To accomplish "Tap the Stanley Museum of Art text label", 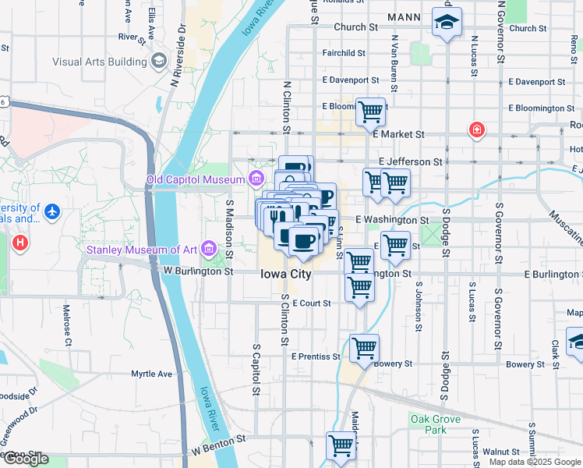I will click(x=140, y=250).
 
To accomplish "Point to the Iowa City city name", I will click(x=285, y=275).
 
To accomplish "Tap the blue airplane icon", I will click(x=52, y=211).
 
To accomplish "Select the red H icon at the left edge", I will click(x=20, y=243).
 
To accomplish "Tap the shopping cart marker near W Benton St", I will click(x=341, y=446).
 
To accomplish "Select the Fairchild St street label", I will click(x=344, y=53).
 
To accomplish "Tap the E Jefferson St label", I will click(x=411, y=161).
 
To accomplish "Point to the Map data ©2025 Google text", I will click(x=535, y=462).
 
